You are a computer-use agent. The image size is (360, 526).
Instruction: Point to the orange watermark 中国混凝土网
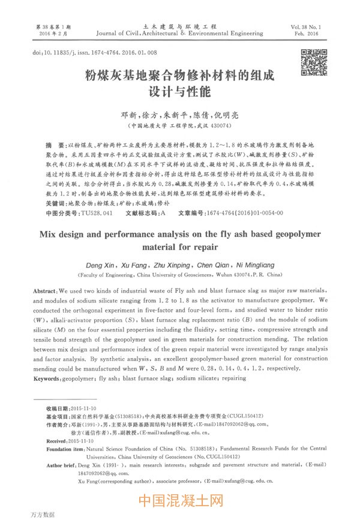tap(180, 500)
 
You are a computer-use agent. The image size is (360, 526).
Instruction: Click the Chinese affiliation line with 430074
tap(179, 127)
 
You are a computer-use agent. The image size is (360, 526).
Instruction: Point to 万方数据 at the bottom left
tap(41, 515)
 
